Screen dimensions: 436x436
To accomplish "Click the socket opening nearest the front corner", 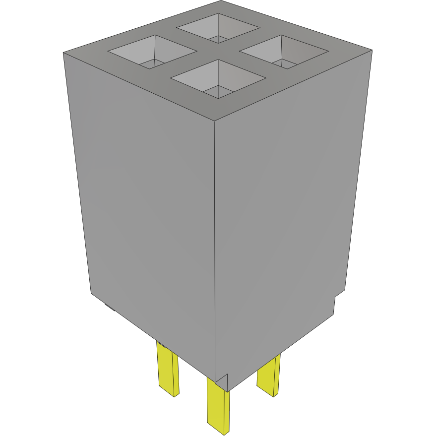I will [218, 79].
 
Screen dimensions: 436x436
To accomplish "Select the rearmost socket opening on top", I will [218, 28].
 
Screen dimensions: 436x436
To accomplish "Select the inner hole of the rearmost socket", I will [218, 38].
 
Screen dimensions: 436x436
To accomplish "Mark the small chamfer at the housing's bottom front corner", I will [222, 381].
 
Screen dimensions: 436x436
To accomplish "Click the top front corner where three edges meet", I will [214, 121].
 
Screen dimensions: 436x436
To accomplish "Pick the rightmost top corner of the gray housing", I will [372, 50].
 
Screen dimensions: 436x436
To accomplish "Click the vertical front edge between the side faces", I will [214, 248].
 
